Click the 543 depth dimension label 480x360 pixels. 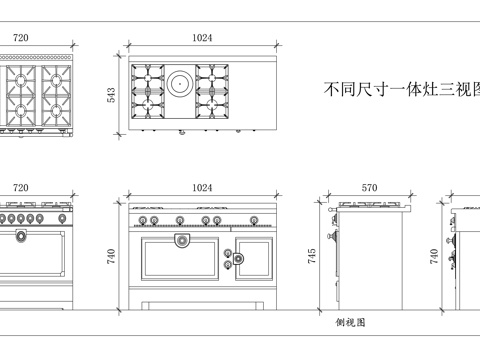(x=113, y=94)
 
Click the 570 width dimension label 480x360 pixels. (x=369, y=187)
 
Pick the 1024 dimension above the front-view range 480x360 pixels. (x=202, y=187)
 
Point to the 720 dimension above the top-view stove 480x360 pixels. (x=20, y=37)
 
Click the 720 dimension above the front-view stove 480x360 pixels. (x=20, y=187)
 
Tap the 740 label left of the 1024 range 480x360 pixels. (x=113, y=257)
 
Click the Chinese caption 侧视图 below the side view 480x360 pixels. (x=350, y=323)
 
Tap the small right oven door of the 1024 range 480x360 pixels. (x=252, y=258)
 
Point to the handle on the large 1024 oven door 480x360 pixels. (x=181, y=240)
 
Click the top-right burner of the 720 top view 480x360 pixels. (x=53, y=78)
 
